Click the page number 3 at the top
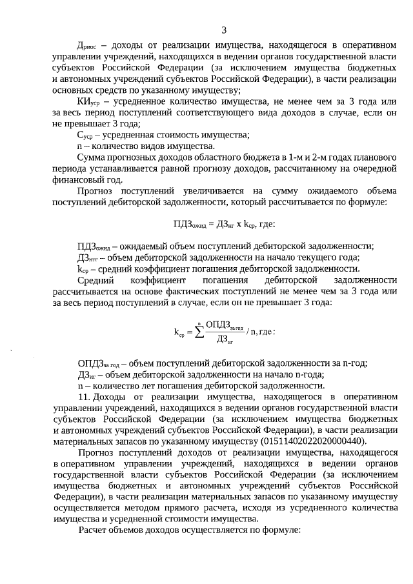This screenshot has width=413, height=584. (223, 30)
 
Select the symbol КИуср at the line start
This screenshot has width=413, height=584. (88, 102)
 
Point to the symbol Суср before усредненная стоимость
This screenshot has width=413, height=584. (85, 135)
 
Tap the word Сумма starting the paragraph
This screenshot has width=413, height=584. (92, 157)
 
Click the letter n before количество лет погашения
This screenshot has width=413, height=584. (79, 385)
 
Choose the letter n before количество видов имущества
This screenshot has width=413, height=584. (79, 146)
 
